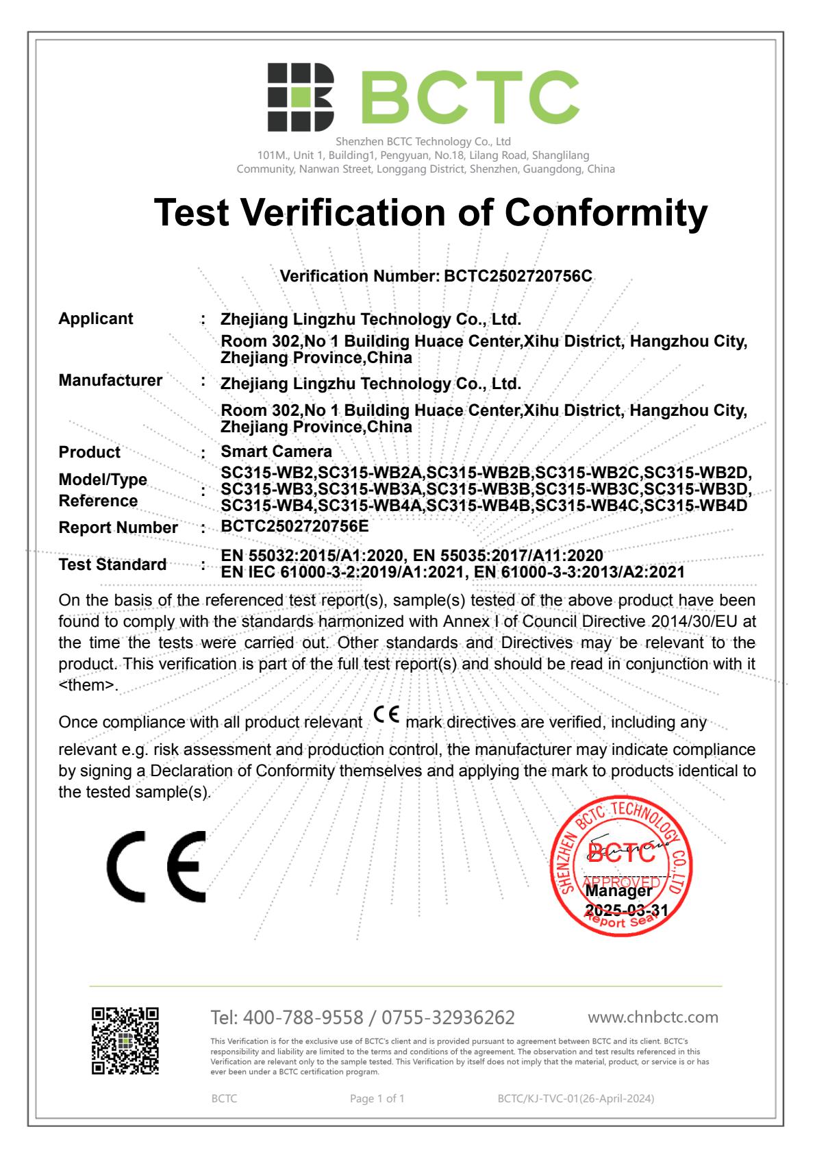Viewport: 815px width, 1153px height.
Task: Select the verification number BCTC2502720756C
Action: [x=518, y=276]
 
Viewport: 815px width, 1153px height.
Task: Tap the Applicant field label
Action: [x=96, y=319]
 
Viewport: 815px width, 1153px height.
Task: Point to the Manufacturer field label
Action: [x=110, y=380]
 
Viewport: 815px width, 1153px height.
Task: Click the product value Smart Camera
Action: [x=276, y=451]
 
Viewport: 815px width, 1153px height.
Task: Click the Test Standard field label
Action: [x=112, y=565]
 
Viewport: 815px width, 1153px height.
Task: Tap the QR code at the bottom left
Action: [x=125, y=1041]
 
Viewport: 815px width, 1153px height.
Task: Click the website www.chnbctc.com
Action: [x=653, y=1017]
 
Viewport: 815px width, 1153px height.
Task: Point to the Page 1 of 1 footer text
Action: [x=377, y=1099]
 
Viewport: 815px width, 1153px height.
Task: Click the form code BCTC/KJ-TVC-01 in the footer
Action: [x=538, y=1099]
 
